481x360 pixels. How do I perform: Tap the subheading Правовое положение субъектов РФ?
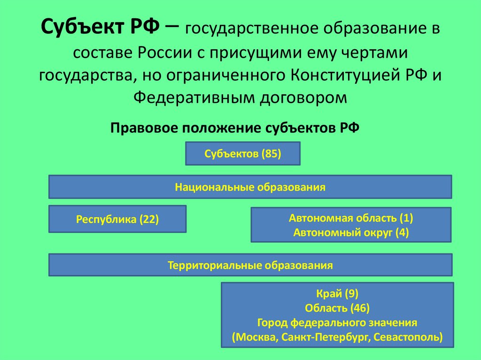pos(234,128)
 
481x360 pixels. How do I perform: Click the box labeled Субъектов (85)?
pos(243,154)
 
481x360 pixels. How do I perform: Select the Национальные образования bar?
pos(250,187)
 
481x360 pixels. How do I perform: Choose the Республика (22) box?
pos(117,219)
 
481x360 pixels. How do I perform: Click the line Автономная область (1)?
pos(351,218)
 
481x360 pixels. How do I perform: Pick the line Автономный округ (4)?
pos(351,232)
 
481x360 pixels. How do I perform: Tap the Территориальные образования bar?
pos(250,265)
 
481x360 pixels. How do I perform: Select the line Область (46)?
pos(337,308)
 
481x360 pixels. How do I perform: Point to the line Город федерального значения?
pos(337,323)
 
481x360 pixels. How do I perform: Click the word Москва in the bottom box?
pos(256,337)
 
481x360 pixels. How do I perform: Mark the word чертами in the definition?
pos(378,53)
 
